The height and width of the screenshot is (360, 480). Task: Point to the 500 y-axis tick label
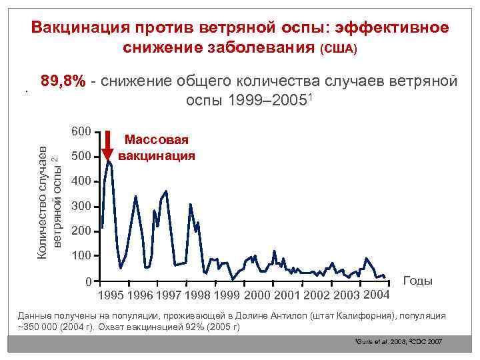81,157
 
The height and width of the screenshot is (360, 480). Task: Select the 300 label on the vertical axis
81,207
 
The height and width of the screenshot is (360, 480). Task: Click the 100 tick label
81,256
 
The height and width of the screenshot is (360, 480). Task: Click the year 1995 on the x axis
111,295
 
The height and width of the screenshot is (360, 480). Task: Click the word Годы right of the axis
418,281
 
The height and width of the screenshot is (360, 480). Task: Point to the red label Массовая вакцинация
157,148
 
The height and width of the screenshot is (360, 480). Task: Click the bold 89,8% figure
63,81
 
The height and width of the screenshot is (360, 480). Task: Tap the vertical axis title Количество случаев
42,193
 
